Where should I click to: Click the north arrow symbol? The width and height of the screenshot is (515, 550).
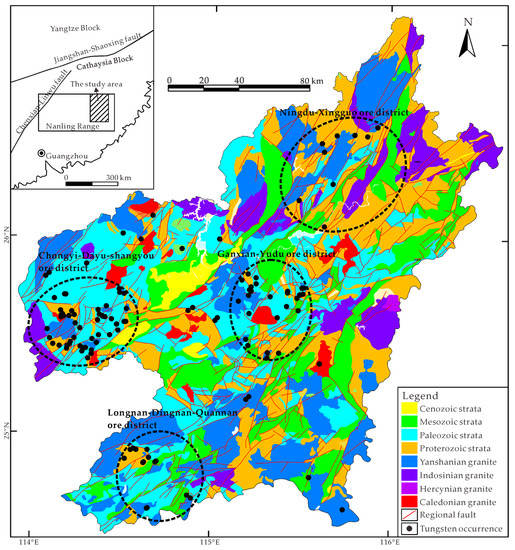tap(469, 40)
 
